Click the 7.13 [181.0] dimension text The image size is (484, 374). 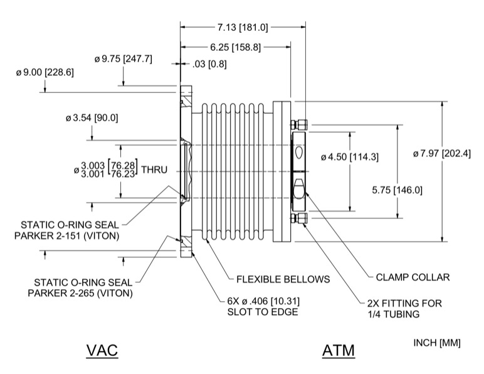[243, 28]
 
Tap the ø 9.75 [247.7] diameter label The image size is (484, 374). [124, 59]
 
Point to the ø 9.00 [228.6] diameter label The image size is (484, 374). [45, 73]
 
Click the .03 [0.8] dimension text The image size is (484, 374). [210, 64]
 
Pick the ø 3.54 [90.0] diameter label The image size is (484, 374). [92, 118]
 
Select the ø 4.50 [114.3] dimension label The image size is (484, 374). [349, 156]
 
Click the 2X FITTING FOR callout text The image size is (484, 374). [405, 303]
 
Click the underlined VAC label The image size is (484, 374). [101, 351]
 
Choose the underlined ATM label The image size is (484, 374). [339, 351]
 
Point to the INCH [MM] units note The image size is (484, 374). [437, 343]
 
